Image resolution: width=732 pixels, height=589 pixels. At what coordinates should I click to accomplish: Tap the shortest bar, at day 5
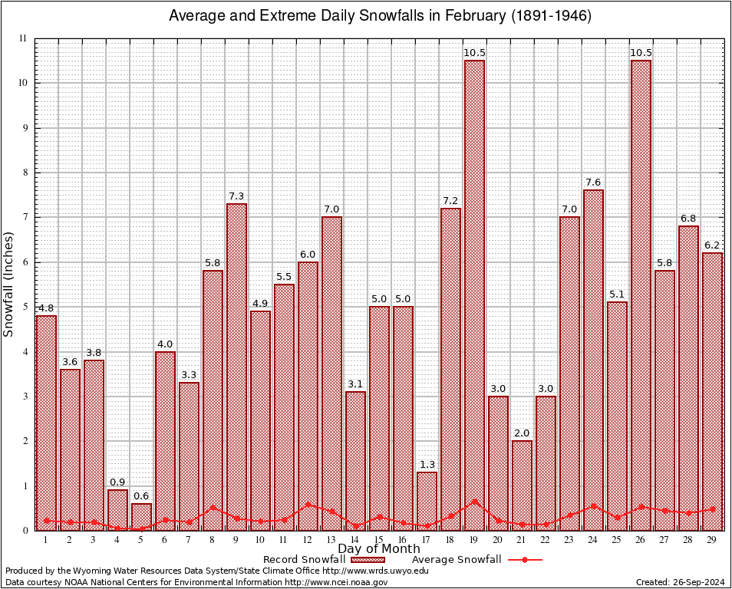coord(141,517)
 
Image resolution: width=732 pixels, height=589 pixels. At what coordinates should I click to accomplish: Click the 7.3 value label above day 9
coord(236,197)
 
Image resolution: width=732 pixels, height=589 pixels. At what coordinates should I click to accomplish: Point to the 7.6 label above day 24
coord(593,183)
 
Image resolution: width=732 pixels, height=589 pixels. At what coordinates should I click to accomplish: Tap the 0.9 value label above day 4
coord(117,482)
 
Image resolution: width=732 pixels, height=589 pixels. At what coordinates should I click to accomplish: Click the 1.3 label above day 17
coord(427,465)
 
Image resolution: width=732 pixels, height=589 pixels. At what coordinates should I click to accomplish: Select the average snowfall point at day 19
coord(474,502)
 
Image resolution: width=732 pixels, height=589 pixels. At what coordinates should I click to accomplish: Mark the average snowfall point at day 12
coord(308,505)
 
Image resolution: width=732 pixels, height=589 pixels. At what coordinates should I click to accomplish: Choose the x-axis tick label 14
coord(355,541)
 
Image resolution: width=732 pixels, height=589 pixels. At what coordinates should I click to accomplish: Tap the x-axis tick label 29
coord(712,541)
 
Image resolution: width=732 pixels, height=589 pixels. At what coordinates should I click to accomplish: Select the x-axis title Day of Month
coord(378,549)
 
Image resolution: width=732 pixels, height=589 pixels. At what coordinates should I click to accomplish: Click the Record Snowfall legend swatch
coord(367,560)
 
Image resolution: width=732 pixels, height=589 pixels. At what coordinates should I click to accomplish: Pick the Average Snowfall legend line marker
coord(525,560)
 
